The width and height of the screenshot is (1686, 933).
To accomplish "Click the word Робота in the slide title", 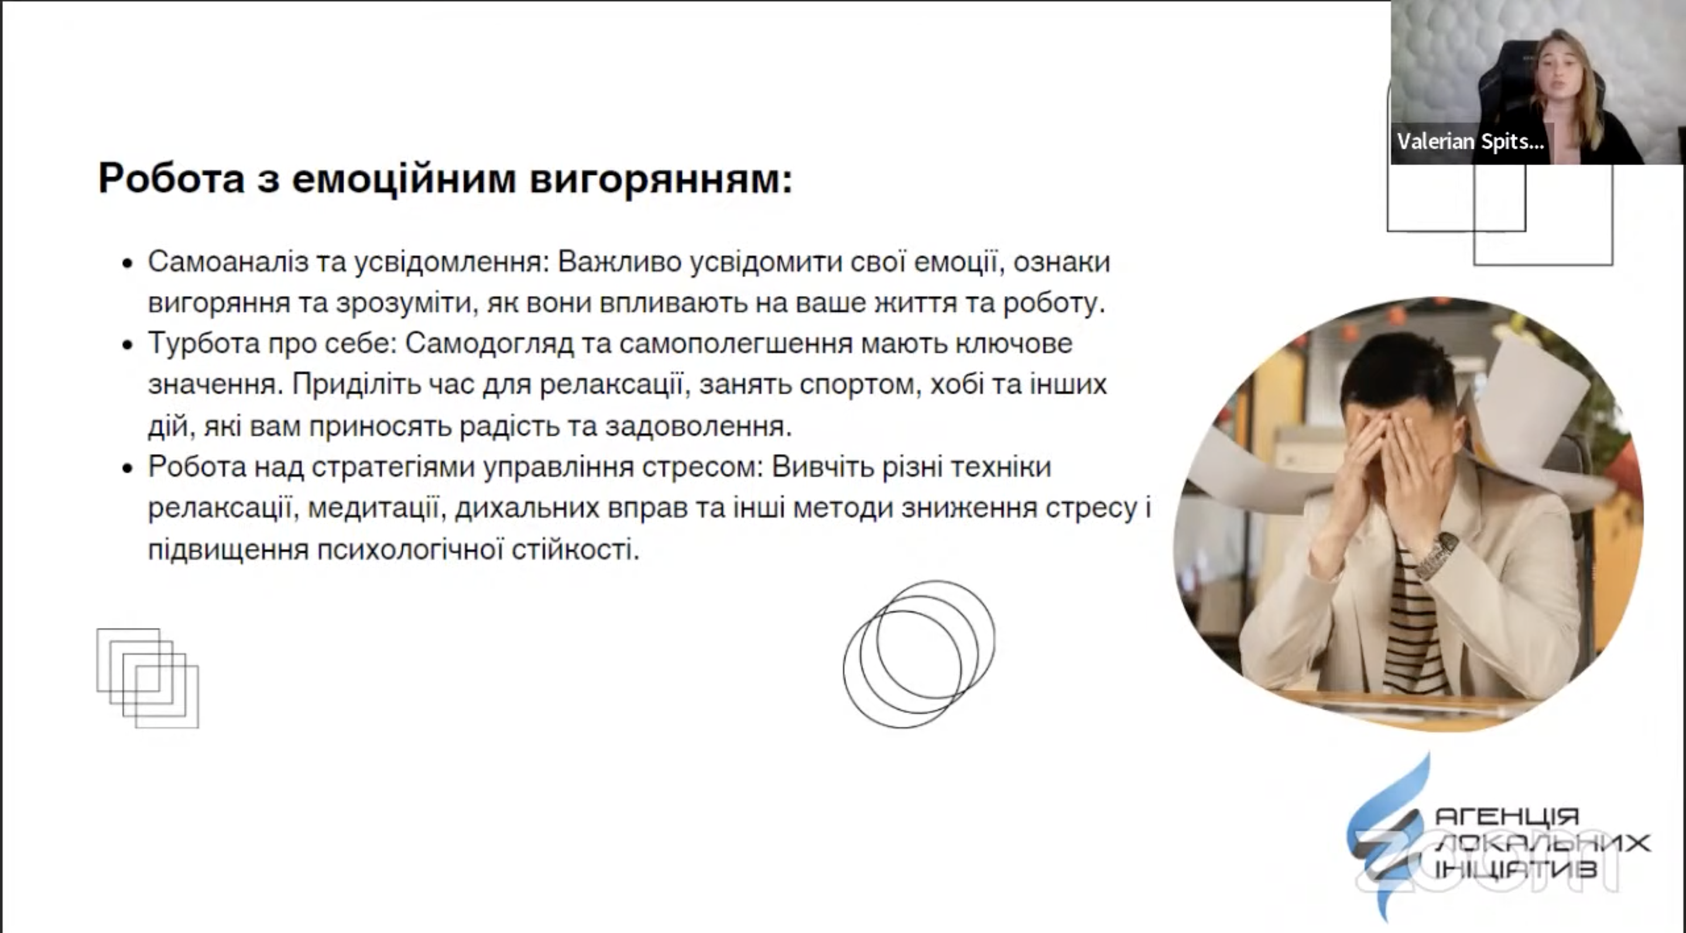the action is (172, 178).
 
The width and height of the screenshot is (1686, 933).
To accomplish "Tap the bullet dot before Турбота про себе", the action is (128, 345).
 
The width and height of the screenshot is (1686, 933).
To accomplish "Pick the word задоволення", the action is (698, 427).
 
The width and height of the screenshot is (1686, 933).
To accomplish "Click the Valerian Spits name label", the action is (1470, 141).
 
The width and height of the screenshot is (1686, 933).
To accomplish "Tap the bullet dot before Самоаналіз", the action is (128, 263).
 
